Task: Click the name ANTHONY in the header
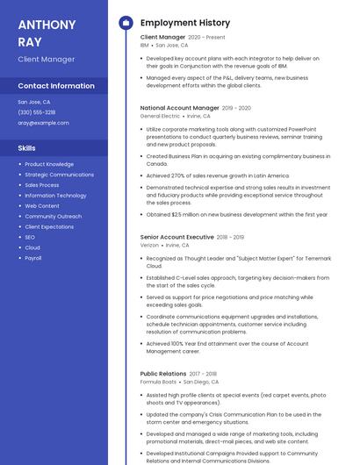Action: point(47,24)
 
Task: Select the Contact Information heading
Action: point(56,86)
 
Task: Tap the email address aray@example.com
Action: point(43,123)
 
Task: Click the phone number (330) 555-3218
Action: point(37,112)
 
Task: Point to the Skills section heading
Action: point(27,148)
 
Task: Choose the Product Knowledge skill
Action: point(49,164)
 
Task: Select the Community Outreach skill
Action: point(53,216)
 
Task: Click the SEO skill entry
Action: point(30,237)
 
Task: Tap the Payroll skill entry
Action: point(33,258)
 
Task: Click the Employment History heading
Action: point(185,23)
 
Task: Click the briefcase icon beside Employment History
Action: point(125,23)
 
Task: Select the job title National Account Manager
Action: point(180,108)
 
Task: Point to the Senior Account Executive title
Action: point(176,237)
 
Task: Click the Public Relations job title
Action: point(163,374)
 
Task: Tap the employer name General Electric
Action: point(160,116)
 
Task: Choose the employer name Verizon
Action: point(150,245)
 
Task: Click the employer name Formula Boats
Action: point(158,382)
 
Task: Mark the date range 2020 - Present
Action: point(207,38)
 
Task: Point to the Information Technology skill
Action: point(55,195)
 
